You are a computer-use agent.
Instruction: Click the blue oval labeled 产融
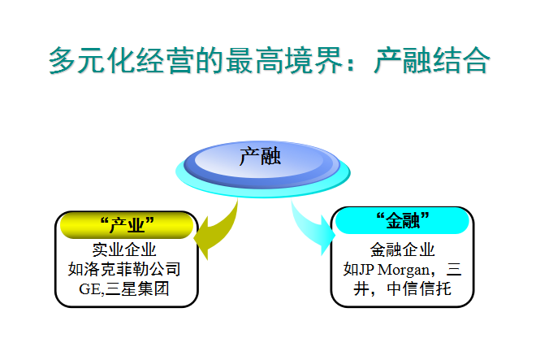[262, 164]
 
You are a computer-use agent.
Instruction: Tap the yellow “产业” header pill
[127, 226]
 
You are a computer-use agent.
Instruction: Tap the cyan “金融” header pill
[402, 221]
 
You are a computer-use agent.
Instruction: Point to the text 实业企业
[124, 249]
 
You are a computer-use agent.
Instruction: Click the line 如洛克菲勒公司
[124, 269]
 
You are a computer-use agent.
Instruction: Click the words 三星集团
[137, 288]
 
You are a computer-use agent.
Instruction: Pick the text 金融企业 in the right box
[402, 249]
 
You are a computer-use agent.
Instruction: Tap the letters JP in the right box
[367, 270]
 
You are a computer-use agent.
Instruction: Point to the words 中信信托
[419, 288]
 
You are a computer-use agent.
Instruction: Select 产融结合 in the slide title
[432, 61]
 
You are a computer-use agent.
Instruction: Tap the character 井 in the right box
[361, 288]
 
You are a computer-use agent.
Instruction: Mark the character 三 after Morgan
[454, 270]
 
